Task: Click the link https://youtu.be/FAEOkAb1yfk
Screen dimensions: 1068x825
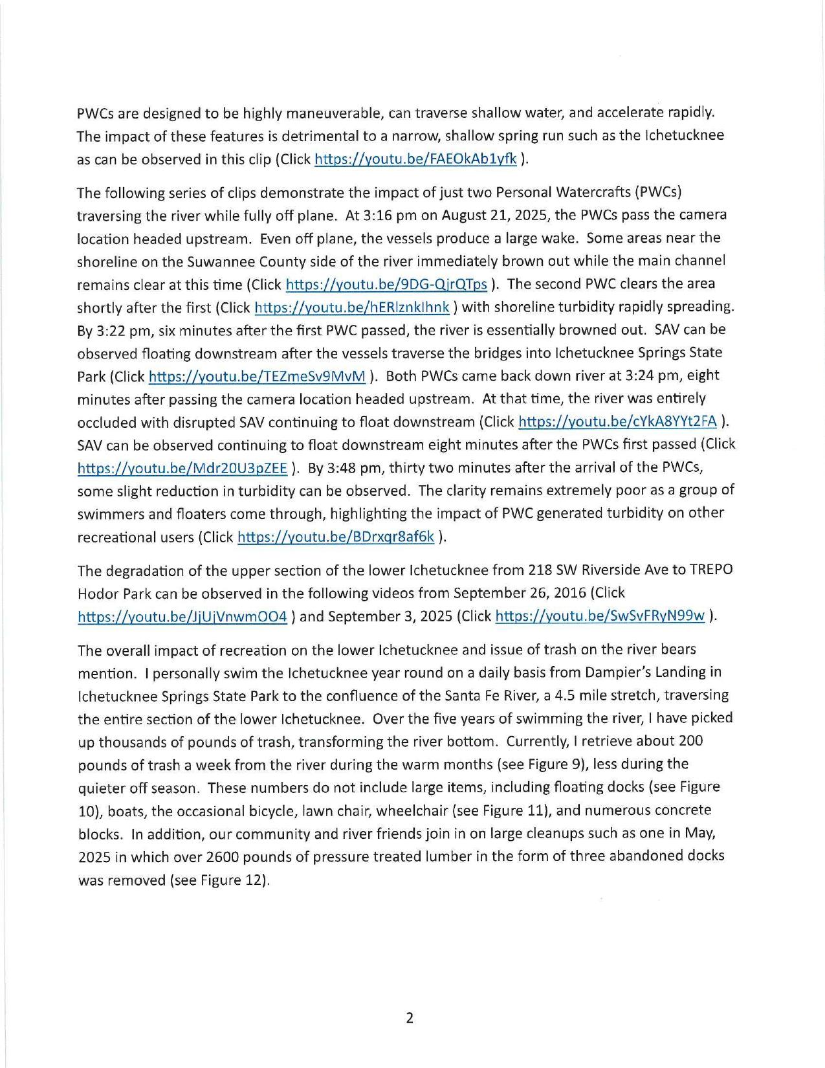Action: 415,159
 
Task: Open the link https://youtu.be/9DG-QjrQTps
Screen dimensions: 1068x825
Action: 386,284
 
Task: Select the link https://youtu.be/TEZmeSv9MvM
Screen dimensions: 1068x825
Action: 257,377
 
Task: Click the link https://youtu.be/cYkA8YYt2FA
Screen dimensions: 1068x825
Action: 617,422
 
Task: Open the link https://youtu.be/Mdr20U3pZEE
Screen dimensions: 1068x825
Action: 182,469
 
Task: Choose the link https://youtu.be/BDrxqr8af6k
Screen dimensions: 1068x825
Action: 336,537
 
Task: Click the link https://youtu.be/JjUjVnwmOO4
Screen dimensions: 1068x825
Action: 182,617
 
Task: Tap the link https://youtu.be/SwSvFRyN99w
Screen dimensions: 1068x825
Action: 599,616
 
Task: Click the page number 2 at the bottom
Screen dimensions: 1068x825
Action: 409,1018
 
